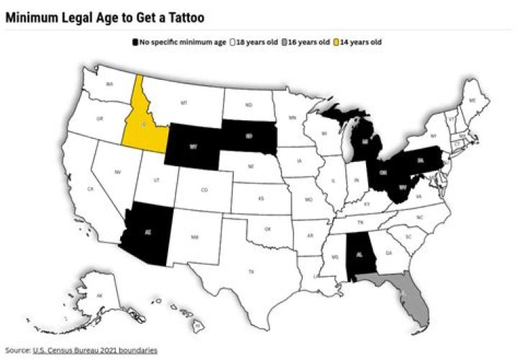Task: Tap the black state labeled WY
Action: click(194, 145)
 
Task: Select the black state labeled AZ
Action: click(148, 233)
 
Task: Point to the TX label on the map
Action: click(251, 271)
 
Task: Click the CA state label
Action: click(91, 189)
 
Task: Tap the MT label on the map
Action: click(184, 103)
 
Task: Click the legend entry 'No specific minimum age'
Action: click(178, 42)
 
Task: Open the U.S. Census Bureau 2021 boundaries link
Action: click(95, 350)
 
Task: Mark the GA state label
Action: click(389, 253)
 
